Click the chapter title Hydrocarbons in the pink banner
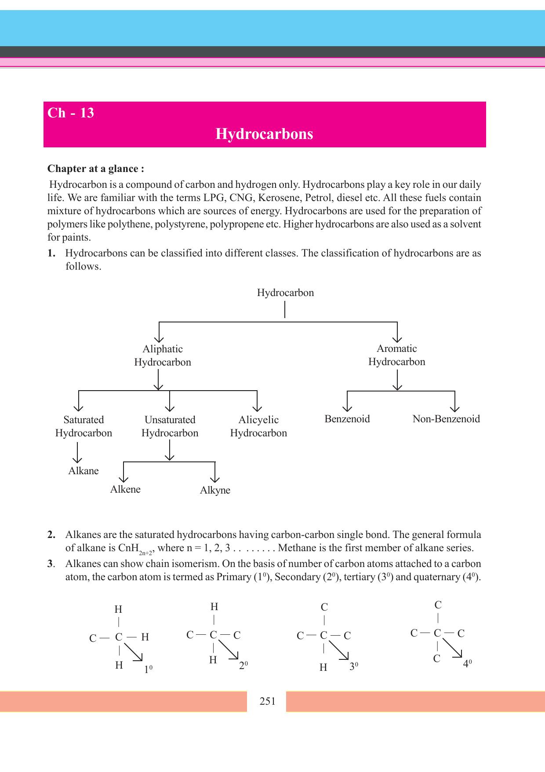pyautogui.click(x=264, y=134)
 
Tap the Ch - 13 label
pyautogui.click(x=71, y=113)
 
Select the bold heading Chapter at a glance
pyautogui.click(x=95, y=169)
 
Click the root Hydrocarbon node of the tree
pyautogui.click(x=285, y=293)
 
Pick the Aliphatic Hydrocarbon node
pyautogui.click(x=163, y=355)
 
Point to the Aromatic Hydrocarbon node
pyautogui.click(x=396, y=355)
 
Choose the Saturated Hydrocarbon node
pyautogui.click(x=84, y=426)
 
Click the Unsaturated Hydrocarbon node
pyautogui.click(x=170, y=426)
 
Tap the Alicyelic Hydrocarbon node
pyautogui.click(x=258, y=426)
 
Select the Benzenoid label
pyautogui.click(x=347, y=419)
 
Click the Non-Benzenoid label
pyautogui.click(x=446, y=419)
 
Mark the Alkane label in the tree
pyautogui.click(x=84, y=471)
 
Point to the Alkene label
pyautogui.click(x=125, y=490)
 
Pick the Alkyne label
pyautogui.click(x=215, y=490)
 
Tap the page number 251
pyautogui.click(x=267, y=701)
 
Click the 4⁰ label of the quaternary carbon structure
pyautogui.click(x=467, y=664)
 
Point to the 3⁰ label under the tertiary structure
pyautogui.click(x=354, y=667)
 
